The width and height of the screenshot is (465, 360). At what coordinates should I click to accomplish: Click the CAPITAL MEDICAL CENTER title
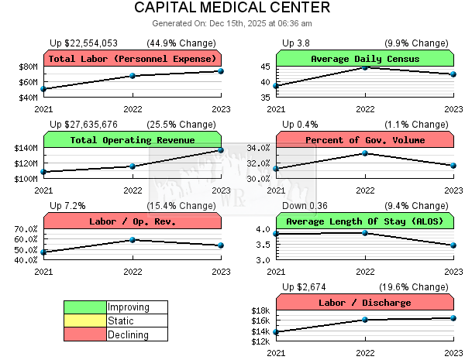(232, 8)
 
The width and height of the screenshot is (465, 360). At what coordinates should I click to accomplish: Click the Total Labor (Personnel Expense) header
(132, 59)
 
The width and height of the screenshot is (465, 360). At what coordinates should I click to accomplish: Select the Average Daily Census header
(364, 59)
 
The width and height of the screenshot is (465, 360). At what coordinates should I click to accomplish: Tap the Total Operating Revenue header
(132, 140)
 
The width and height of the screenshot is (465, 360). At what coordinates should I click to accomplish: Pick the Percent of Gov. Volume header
(364, 140)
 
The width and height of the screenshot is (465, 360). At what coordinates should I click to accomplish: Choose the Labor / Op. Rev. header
(132, 221)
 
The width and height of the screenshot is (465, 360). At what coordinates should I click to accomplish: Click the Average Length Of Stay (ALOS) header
(364, 221)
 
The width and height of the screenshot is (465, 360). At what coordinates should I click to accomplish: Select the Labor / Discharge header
(364, 303)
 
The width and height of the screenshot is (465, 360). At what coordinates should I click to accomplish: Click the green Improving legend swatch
(85, 307)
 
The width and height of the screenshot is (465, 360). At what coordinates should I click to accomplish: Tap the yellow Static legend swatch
(85, 321)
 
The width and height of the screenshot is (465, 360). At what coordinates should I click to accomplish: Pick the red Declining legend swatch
(85, 334)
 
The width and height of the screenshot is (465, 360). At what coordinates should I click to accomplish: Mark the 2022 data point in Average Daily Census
(365, 67)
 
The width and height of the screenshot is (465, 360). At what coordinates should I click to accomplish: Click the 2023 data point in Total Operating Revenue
(221, 149)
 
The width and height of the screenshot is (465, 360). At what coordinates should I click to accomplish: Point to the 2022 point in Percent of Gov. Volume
(365, 153)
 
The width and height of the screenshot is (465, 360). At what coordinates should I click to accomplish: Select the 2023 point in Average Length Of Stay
(453, 245)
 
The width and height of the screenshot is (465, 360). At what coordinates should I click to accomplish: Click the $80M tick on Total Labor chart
(28, 67)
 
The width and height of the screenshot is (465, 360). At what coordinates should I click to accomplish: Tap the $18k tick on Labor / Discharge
(261, 310)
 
